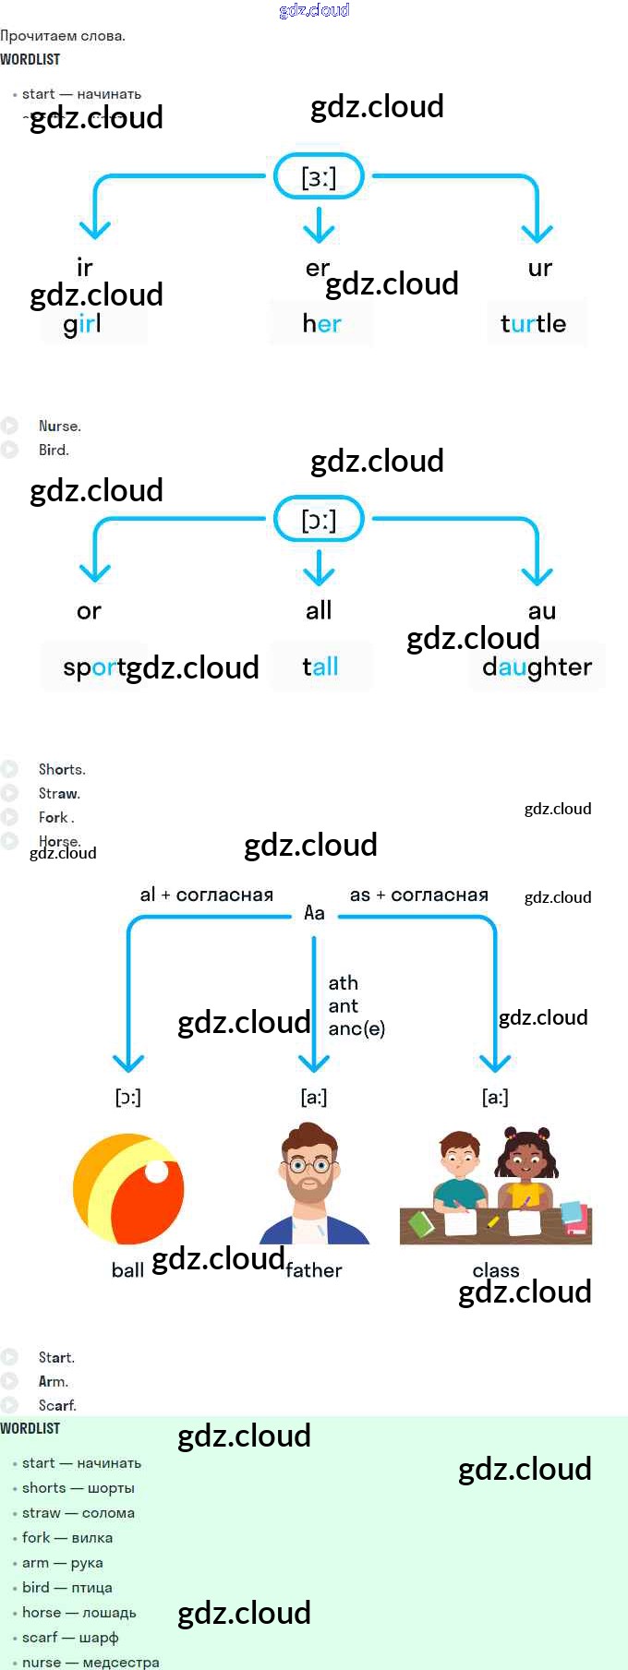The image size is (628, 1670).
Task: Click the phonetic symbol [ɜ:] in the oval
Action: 319,176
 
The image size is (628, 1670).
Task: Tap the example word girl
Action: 83,324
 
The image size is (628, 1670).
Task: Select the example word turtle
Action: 533,323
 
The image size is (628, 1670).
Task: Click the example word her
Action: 321,324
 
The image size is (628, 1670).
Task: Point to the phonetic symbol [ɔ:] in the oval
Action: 319,520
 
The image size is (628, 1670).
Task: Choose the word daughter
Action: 537,667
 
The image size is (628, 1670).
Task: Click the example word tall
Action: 320,667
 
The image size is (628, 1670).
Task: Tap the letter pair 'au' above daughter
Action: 541,611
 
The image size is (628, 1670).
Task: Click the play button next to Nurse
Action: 10,427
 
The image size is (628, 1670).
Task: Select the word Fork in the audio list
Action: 54,817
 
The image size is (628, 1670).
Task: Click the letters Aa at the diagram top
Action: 314,913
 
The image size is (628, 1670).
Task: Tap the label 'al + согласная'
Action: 207,895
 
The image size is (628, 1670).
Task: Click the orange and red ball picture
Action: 128,1189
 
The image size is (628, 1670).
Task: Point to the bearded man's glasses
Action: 310,1165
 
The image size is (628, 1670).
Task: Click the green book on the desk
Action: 422,1224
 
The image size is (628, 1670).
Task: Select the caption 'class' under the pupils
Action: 496,1270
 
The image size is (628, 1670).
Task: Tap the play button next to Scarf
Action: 10,1405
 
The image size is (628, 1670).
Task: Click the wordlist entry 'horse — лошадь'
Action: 79,1613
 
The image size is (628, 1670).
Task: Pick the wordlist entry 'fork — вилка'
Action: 67,1538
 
